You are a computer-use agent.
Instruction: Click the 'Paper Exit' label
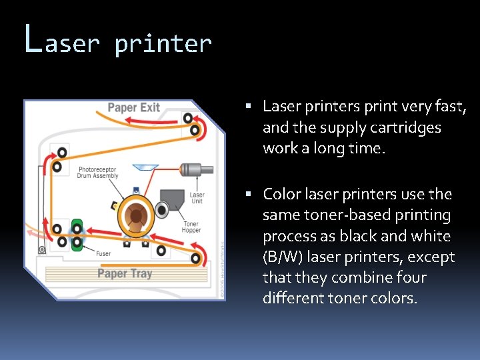tap(133, 107)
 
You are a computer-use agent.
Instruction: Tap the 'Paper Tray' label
tap(125, 273)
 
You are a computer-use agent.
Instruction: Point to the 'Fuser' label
tap(103, 253)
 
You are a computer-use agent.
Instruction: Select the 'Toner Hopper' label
tap(191, 227)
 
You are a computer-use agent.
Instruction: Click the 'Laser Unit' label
tap(197, 198)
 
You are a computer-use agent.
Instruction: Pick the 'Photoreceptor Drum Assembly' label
tap(98, 173)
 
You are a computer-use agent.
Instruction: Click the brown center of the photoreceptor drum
tap(137, 215)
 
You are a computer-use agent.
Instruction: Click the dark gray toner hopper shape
tap(173, 198)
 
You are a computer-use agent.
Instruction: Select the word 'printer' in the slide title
tap(163, 44)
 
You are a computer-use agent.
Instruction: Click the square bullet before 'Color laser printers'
tap(247, 195)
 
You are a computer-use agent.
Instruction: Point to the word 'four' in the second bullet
tap(407, 277)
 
